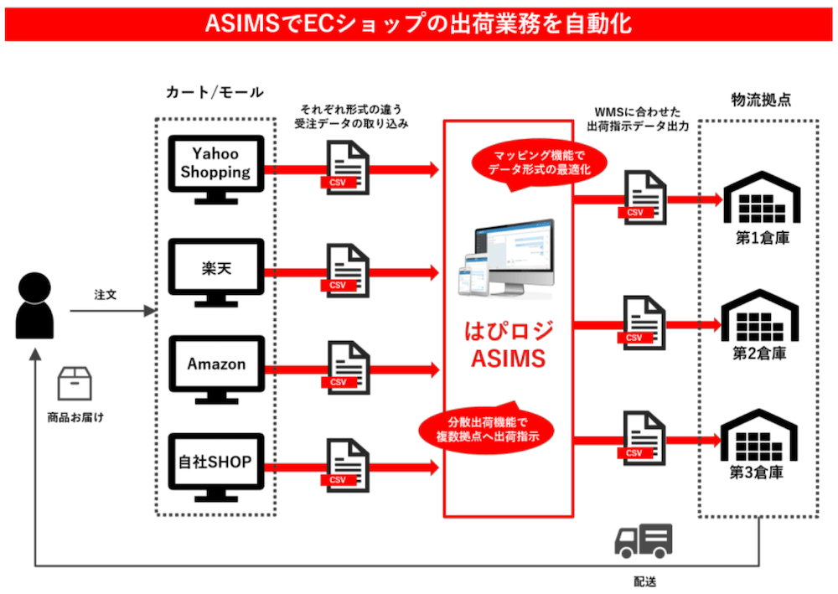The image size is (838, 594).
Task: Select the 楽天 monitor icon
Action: pyautogui.click(x=216, y=268)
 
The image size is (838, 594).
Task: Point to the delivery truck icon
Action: pyautogui.click(x=644, y=541)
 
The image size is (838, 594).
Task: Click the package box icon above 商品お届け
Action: pyautogui.click(x=75, y=384)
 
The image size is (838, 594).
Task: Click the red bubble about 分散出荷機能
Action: pyautogui.click(x=486, y=429)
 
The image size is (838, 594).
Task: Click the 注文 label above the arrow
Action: pyautogui.click(x=106, y=295)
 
